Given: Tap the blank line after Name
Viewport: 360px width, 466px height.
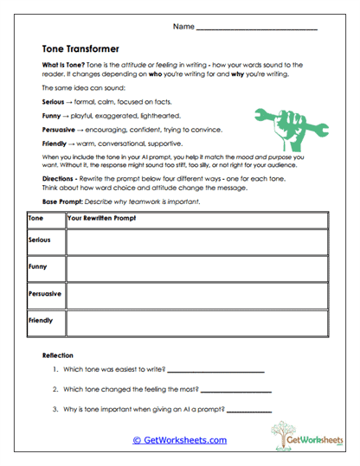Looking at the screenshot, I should (257, 28).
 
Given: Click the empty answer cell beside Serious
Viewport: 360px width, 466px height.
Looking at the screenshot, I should (196, 241).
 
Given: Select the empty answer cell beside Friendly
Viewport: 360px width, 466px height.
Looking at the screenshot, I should (196, 322).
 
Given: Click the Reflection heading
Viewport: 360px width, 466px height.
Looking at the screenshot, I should (58, 355).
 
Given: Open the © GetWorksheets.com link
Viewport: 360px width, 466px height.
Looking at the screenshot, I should (179, 440).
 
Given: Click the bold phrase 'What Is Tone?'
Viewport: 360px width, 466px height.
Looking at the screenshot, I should (64, 66).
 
